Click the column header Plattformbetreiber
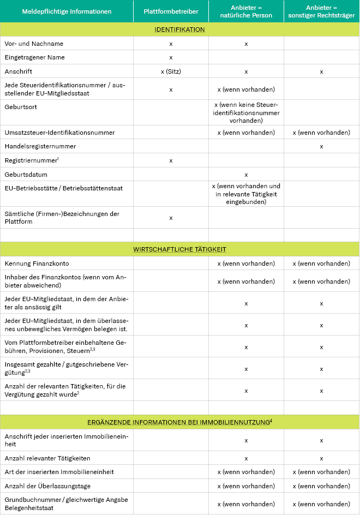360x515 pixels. coord(171,11)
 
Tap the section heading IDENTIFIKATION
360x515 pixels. coord(179,29)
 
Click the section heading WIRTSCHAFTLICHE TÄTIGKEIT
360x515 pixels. coord(179,249)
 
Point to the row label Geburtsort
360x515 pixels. coord(18,107)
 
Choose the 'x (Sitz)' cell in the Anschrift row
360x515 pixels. coord(171,71)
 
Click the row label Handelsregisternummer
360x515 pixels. coord(40,146)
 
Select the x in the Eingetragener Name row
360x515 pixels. coord(171,57)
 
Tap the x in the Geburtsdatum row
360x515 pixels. coord(246,175)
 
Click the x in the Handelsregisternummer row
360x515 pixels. coord(321,146)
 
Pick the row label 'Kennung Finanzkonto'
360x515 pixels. coord(37,264)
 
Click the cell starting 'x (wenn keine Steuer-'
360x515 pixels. coord(246,112)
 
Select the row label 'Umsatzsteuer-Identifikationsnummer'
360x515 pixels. coord(59,132)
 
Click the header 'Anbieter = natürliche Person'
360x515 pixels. coord(246,11)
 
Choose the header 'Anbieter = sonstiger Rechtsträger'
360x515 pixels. coord(321,11)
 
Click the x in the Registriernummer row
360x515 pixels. coord(171,160)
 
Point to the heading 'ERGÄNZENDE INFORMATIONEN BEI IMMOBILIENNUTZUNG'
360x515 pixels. coord(179,422)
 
